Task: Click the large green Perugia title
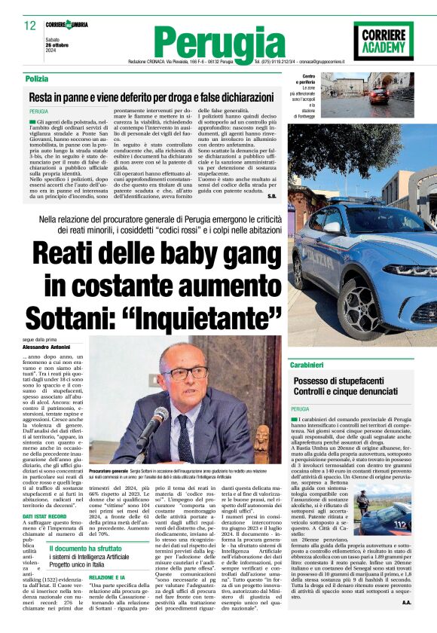(x=218, y=42)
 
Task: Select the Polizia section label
(x=36, y=79)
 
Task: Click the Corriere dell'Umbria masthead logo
(x=66, y=25)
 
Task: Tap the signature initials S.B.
(x=272, y=196)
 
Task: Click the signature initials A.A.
(x=406, y=601)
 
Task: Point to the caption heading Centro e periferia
(x=309, y=79)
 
